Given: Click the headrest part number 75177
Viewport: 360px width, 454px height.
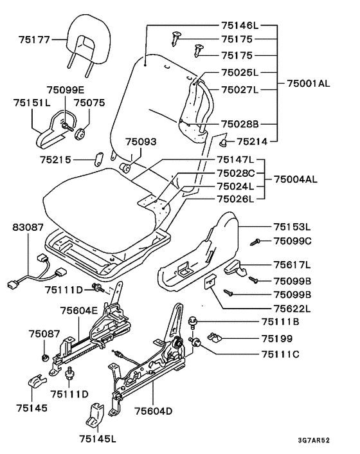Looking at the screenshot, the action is coord(35,40).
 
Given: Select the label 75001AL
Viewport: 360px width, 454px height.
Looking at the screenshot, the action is coord(309,84).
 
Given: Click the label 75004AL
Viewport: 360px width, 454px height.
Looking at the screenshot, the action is coord(296,179).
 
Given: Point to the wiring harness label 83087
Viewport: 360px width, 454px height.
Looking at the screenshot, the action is coord(28,227).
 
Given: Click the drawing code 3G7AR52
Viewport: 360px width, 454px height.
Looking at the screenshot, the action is coord(314,440).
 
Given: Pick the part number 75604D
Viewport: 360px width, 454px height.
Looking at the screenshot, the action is coord(154,411).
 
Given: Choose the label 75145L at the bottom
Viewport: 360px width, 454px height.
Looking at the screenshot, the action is coord(98,439).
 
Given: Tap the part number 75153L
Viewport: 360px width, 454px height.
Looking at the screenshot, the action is coord(292,227).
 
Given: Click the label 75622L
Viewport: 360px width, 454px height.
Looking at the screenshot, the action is coord(292,309).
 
